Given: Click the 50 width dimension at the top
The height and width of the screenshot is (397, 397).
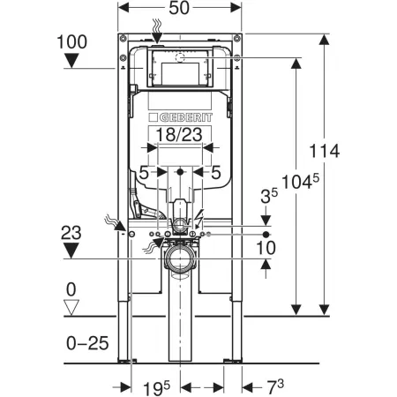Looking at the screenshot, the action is point(179,8).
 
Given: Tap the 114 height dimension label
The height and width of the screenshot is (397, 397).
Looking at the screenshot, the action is point(325,151).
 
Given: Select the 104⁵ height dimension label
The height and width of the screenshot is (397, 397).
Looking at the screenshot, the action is point(300,182).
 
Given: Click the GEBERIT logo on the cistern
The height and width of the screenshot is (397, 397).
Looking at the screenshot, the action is point(180,117).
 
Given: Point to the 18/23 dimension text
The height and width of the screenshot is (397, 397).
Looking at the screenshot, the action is point(179,135).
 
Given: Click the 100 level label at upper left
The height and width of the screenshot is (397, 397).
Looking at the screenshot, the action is point(71,41).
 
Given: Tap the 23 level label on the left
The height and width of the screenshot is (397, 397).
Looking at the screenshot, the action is point(71,233).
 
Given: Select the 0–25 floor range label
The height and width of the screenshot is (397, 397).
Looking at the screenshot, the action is point(87,343).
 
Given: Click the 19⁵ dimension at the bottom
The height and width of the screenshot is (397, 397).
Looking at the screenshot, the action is point(156,388).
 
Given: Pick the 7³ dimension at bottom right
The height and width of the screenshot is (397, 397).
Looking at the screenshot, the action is point(275,387).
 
